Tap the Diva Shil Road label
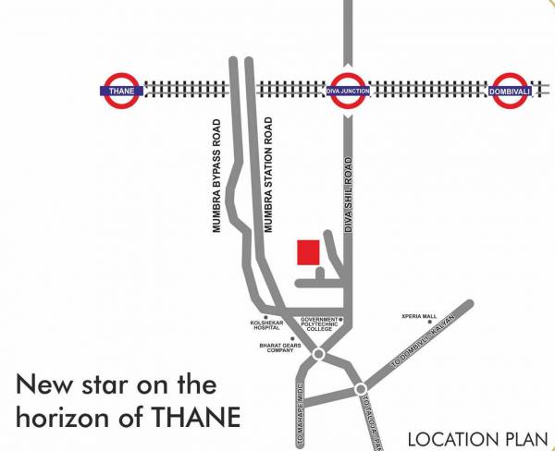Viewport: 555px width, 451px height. pos(351,194)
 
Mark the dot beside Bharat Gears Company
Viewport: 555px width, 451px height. pos(293,338)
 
